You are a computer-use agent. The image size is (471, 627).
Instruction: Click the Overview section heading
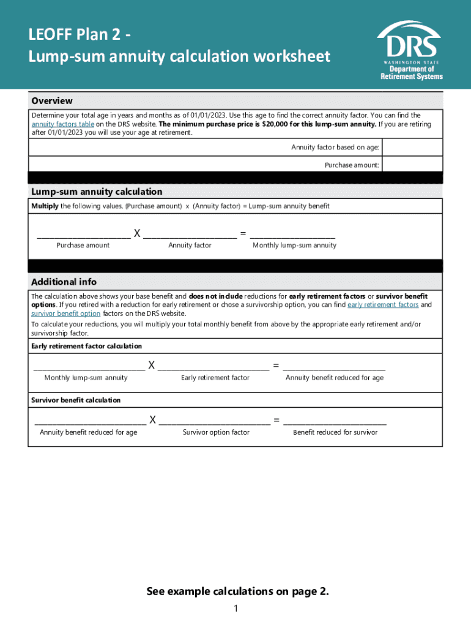point(52,100)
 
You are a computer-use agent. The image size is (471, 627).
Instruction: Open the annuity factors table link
point(63,124)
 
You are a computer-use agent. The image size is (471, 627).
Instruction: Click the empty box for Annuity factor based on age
point(412,148)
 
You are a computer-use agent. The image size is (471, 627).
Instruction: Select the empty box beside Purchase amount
point(412,165)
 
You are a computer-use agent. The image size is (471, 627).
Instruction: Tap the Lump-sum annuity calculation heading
point(97,192)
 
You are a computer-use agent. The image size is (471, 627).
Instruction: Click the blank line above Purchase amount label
point(83,235)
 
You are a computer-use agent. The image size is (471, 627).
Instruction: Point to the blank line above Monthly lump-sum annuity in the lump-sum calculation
point(292,235)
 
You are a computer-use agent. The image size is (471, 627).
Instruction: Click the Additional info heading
point(64,282)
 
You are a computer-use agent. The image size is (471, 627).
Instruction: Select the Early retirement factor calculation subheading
point(86,346)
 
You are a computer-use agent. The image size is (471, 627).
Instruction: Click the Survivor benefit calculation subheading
point(76,400)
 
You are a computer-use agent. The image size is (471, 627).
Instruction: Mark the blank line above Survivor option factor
point(215,422)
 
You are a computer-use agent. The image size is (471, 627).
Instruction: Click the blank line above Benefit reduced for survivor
point(335,422)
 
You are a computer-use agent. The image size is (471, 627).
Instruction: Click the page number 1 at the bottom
point(236,608)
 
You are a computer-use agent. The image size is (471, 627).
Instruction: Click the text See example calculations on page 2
point(238,591)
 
